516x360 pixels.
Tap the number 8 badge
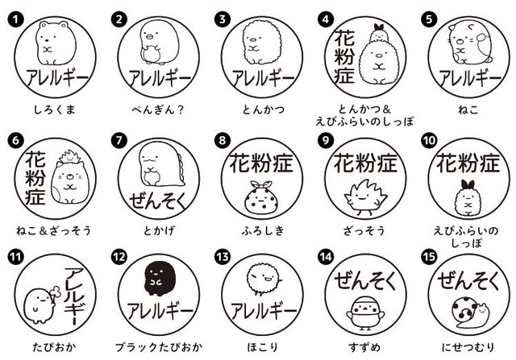point(223,139)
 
